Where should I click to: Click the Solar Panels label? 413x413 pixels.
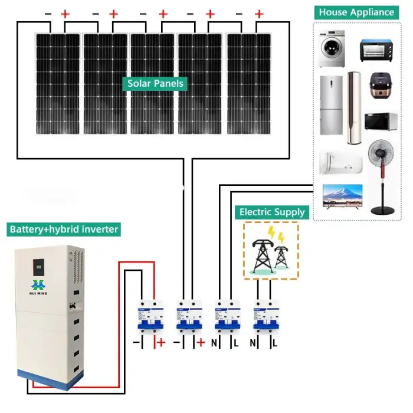click(x=155, y=84)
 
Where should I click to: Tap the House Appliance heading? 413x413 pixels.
click(x=356, y=12)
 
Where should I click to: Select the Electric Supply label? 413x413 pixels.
click(x=272, y=212)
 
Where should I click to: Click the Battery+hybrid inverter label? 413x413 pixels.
click(x=64, y=229)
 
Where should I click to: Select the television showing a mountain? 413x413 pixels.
click(x=342, y=198)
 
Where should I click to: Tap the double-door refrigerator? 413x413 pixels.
click(x=331, y=108)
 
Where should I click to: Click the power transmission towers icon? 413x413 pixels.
click(x=271, y=251)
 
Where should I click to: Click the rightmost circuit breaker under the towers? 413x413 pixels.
click(x=264, y=319)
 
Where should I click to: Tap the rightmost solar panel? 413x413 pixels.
click(x=249, y=84)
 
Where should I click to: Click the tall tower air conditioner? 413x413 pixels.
click(x=354, y=109)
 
